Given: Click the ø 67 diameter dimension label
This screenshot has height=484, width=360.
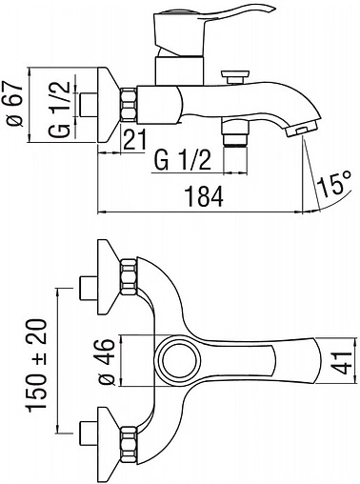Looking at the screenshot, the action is pos(16,104).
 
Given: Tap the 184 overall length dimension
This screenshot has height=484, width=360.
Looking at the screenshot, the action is pos(205,196).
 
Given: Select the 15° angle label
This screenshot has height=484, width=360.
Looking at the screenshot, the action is pos(334,183).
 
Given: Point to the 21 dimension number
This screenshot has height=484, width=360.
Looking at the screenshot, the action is pos(135,139).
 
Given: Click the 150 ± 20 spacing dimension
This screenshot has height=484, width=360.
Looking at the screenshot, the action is pos(38,366).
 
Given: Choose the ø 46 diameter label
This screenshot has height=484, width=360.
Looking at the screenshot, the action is pos(106,362).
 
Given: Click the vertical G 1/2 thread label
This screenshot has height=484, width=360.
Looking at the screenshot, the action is pos(60,109).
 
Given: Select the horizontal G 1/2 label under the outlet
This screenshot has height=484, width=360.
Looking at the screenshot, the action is pos(183,160).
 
